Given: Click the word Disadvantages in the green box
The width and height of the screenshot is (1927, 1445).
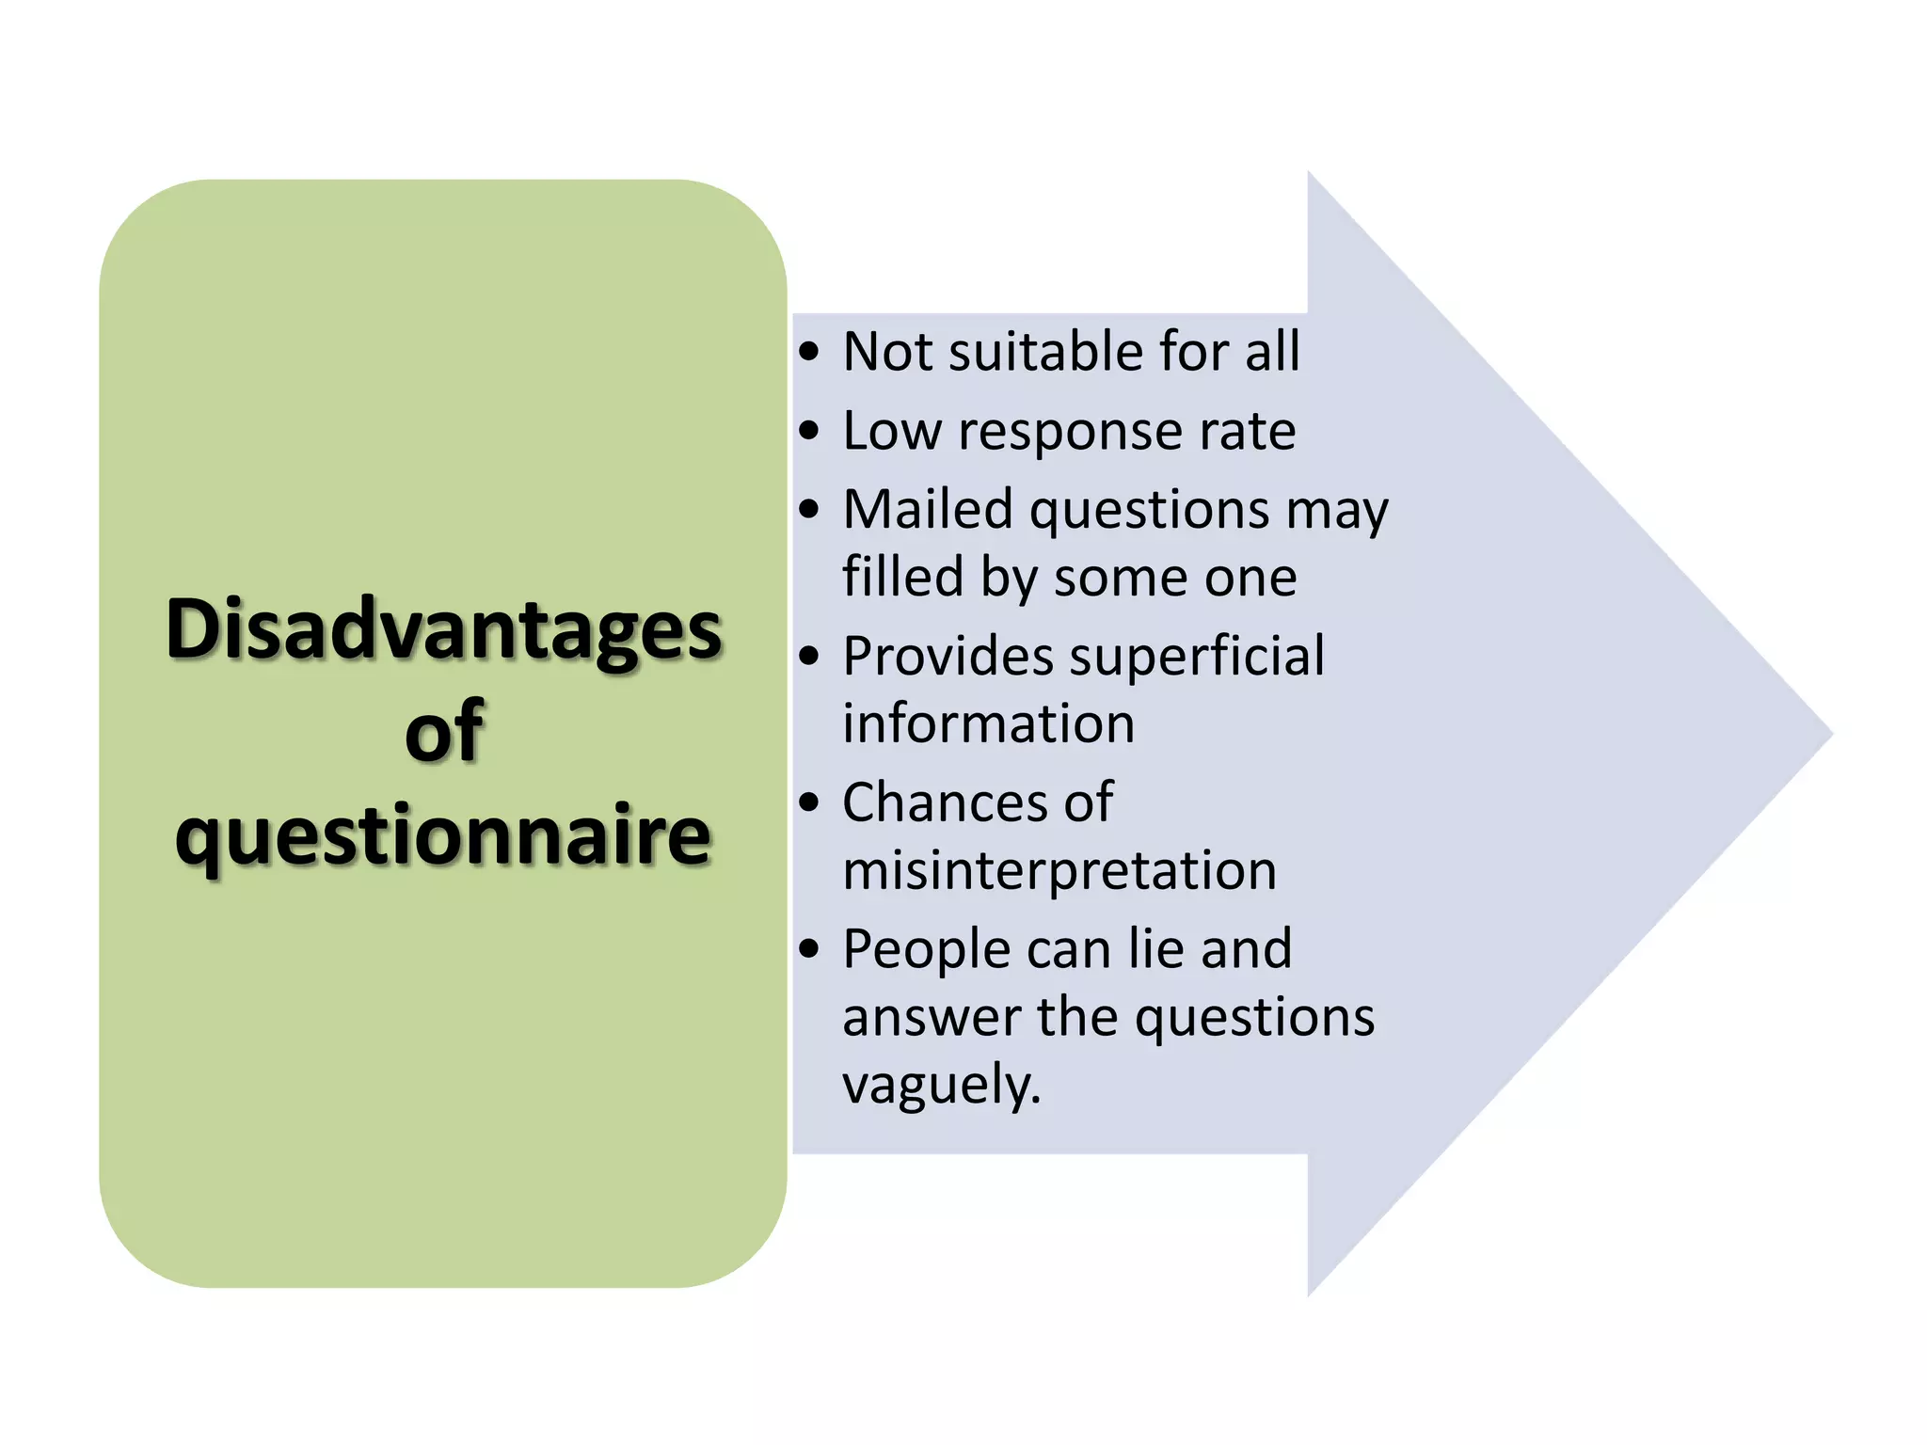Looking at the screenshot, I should tap(443, 630).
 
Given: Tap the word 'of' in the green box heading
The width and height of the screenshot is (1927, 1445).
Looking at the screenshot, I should tap(444, 733).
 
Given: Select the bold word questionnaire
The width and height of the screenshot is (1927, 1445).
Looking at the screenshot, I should tap(443, 835).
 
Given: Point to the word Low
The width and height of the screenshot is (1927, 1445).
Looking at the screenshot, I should tap(892, 431).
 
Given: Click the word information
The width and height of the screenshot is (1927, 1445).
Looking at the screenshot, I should tap(989, 723).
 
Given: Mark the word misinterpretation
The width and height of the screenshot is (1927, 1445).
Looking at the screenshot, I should tap(1059, 870).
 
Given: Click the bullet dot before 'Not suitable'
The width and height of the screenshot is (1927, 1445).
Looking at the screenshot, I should tap(809, 353).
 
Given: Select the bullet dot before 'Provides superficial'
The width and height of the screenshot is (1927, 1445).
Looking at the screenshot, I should tap(809, 657).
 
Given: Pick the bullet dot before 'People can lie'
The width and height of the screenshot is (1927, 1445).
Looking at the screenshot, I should tap(809, 949).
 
